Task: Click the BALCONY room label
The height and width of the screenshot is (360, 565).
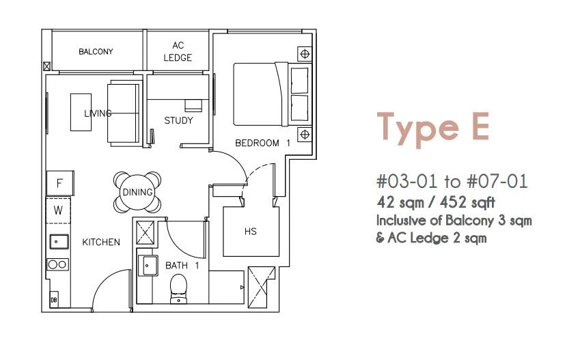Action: click(x=96, y=51)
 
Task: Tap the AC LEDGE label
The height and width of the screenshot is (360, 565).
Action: click(x=178, y=51)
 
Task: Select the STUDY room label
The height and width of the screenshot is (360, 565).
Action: click(x=178, y=120)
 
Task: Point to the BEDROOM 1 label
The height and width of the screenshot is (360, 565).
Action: click(x=262, y=143)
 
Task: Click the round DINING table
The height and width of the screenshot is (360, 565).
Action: click(x=137, y=192)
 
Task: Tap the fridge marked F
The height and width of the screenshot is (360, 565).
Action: click(x=60, y=183)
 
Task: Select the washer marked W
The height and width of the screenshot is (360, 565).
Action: click(x=58, y=210)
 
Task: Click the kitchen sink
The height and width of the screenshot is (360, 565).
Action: click(x=59, y=241)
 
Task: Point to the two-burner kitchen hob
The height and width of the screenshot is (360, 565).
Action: click(x=57, y=264)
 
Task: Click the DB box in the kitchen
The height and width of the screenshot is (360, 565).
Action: click(x=54, y=299)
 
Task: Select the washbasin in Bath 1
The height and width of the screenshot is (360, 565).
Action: click(x=148, y=266)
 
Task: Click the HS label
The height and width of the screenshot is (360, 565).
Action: click(x=251, y=232)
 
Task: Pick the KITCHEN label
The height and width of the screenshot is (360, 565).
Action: click(x=101, y=242)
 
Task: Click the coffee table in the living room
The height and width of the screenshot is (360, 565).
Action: click(x=81, y=112)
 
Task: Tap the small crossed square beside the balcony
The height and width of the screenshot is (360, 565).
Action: click(x=46, y=66)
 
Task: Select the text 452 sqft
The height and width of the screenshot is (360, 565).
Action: click(x=467, y=203)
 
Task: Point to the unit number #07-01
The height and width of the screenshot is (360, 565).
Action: click(x=497, y=181)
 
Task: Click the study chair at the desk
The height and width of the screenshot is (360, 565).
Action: click(x=193, y=106)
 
